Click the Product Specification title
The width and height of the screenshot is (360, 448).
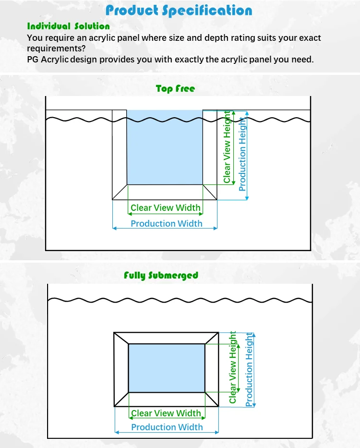pyautogui.click(x=179, y=10)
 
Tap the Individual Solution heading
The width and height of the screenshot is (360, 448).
pyautogui.click(x=68, y=26)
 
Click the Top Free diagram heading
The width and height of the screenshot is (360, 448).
pyautogui.click(x=175, y=88)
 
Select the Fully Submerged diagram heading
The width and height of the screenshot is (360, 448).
pyautogui.click(x=161, y=275)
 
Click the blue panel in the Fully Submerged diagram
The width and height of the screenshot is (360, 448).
pyautogui.click(x=167, y=368)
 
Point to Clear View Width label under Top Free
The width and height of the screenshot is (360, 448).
pyautogui.click(x=166, y=208)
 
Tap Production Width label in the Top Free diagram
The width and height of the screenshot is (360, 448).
pyautogui.click(x=167, y=223)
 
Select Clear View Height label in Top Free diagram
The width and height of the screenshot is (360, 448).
pyautogui.click(x=227, y=147)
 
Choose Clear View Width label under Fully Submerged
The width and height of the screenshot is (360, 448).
pyautogui.click(x=166, y=413)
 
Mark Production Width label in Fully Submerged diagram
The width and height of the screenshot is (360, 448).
pyautogui.click(x=167, y=427)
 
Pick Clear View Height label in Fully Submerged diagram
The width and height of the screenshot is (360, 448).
pyautogui.click(x=233, y=367)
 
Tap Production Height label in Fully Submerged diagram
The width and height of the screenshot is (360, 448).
pyautogui.click(x=249, y=370)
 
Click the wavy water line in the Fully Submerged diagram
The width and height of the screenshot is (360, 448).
pyautogui.click(x=180, y=301)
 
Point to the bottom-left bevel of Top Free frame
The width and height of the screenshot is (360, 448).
pyautogui.click(x=120, y=192)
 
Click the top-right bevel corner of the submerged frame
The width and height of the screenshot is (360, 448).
pyautogui.click(x=212, y=338)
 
